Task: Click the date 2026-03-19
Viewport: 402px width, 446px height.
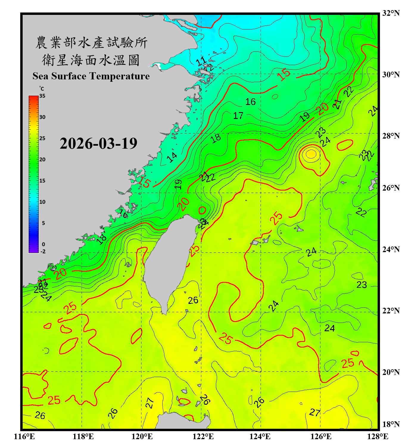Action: (x=98, y=144)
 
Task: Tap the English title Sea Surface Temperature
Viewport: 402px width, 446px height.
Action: (x=91, y=76)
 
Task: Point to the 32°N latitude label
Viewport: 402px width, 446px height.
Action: (x=391, y=13)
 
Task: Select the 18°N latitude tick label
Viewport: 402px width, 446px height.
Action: (x=391, y=424)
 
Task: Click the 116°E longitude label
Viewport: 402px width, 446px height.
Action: (x=24, y=436)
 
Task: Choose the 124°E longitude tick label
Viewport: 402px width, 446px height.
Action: (x=260, y=436)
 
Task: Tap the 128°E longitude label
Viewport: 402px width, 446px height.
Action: (x=378, y=436)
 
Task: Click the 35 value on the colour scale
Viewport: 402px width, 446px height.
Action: (x=42, y=96)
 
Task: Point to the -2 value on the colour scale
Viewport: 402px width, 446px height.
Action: (x=43, y=251)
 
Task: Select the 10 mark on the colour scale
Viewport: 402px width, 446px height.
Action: (x=42, y=202)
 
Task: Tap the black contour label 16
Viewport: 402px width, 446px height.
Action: (x=250, y=102)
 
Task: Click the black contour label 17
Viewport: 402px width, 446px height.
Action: (x=238, y=116)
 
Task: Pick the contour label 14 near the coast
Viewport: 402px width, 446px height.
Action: (x=172, y=157)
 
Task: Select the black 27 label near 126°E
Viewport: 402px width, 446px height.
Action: (x=315, y=412)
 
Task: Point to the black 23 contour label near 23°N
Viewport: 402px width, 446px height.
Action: (x=362, y=285)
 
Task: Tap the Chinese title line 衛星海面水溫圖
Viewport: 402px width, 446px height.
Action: (x=91, y=60)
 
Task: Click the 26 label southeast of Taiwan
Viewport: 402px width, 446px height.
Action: (x=193, y=300)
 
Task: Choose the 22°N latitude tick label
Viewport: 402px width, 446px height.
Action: (x=391, y=311)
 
